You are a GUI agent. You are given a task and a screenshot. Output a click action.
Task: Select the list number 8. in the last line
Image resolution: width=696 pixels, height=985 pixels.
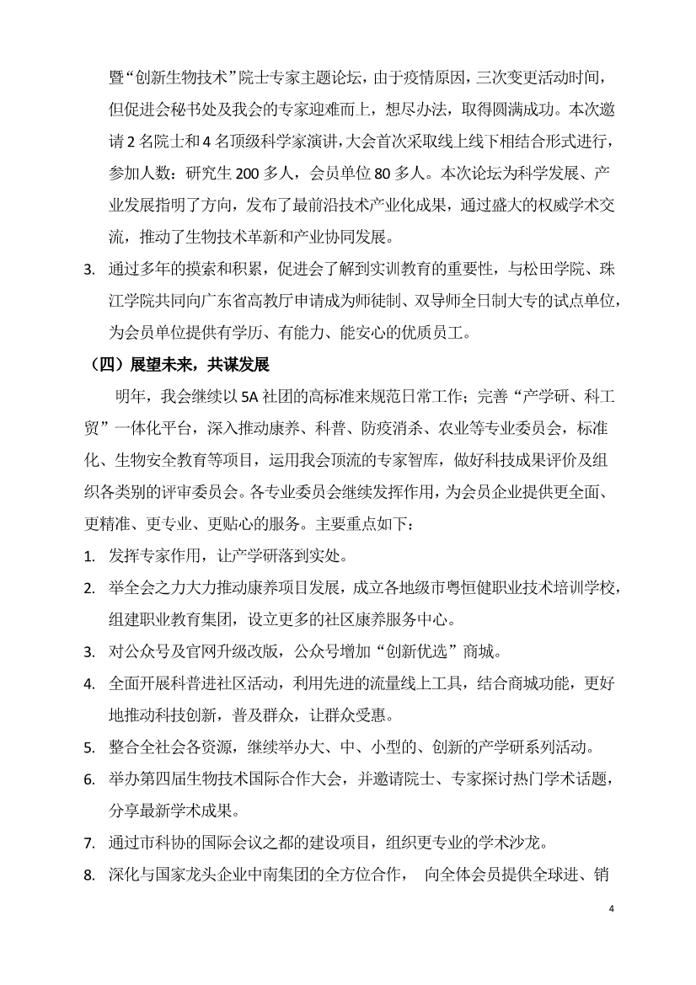[88, 876]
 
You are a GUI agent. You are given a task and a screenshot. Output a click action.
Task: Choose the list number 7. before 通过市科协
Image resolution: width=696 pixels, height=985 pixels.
[88, 844]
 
